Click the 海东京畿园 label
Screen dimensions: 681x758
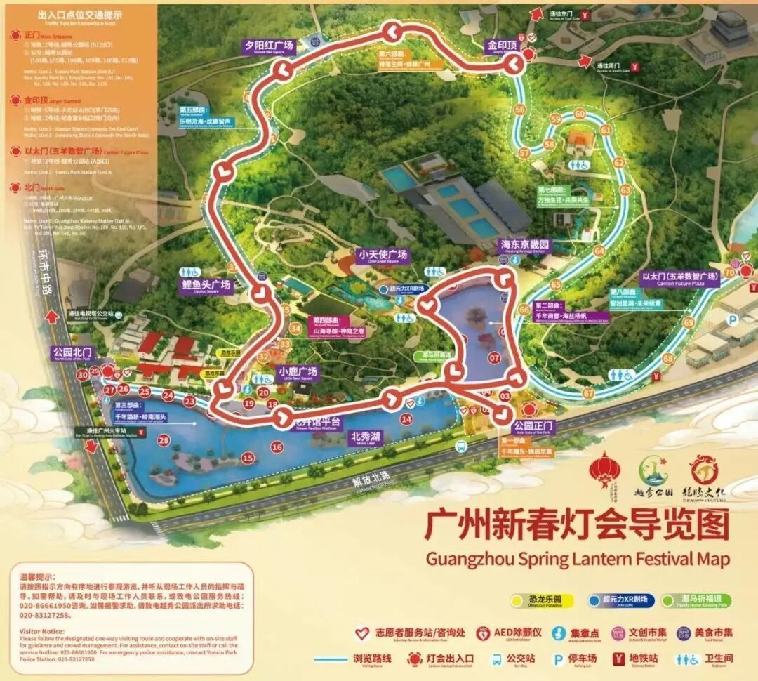coord(524,245)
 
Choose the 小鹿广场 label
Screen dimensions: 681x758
coord(298,372)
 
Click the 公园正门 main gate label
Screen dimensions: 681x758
coord(533,426)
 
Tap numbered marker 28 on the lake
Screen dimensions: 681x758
coord(164,440)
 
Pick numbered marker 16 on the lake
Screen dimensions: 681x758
coord(277,447)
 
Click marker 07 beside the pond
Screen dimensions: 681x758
coord(494,358)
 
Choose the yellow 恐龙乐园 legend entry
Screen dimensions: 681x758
coord(543,600)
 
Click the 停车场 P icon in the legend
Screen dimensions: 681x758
coord(559,659)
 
